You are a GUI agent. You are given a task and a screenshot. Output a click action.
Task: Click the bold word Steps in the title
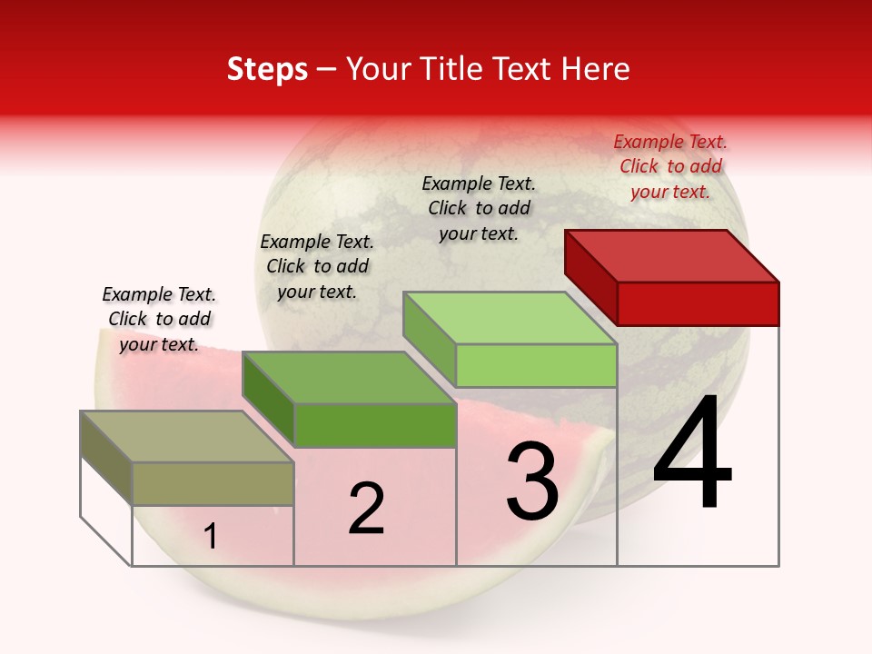click(267, 69)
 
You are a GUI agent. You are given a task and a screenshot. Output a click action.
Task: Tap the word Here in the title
click(596, 69)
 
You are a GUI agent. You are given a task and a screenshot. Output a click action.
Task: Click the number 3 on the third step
click(532, 481)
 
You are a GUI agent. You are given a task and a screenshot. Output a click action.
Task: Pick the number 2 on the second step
click(367, 509)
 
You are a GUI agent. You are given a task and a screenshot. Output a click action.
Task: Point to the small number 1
click(211, 537)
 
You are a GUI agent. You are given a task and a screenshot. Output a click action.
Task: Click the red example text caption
click(670, 166)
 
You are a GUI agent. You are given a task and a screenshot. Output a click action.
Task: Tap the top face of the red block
click(671, 255)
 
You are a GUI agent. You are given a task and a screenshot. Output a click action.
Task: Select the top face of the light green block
click(510, 318)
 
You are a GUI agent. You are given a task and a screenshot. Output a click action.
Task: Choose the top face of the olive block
click(187, 437)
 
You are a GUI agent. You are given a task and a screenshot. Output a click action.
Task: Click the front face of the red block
click(698, 303)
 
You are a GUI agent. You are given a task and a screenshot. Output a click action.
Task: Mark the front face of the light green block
click(536, 365)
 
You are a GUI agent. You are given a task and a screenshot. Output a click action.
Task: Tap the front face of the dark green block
click(374, 425)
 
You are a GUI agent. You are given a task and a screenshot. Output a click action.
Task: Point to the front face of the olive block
click(213, 483)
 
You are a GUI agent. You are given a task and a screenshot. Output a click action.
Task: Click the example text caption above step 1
click(159, 319)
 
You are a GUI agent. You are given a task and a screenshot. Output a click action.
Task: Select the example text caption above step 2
click(317, 266)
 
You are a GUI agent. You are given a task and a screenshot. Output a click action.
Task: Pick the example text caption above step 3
click(479, 208)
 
